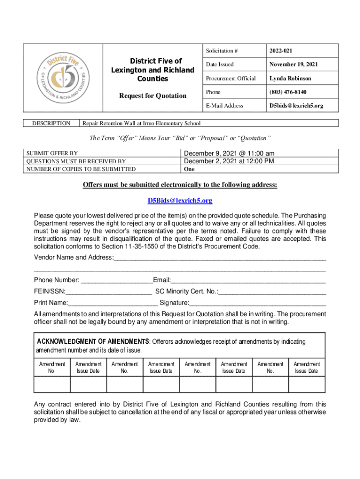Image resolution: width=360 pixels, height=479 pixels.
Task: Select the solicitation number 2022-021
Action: [x=281, y=51]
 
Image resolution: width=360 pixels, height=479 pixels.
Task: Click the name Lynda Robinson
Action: [x=290, y=78]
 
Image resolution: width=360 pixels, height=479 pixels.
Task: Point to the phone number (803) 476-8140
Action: [x=288, y=92]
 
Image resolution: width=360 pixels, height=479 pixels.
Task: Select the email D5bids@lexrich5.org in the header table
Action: [x=296, y=106]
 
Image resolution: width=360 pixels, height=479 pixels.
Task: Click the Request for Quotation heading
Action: [x=152, y=96]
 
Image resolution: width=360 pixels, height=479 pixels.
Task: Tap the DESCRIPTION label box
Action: [x=51, y=123]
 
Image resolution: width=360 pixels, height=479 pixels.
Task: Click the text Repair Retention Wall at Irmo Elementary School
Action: [x=141, y=123]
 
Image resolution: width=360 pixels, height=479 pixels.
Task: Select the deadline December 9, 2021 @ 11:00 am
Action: [x=229, y=153]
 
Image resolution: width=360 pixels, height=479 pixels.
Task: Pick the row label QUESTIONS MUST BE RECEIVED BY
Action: [x=76, y=161]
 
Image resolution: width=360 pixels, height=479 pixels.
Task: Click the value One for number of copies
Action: [x=189, y=169]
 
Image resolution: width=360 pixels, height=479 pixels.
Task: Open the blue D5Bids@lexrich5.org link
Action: [x=180, y=201]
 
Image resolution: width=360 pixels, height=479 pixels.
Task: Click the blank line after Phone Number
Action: [x=117, y=281]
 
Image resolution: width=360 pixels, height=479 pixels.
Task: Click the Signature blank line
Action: [x=258, y=303]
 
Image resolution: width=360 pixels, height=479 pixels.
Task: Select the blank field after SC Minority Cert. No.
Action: [x=273, y=292]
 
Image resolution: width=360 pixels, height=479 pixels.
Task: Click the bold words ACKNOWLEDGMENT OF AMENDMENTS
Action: [x=93, y=341]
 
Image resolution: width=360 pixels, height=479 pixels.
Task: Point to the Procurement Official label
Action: [x=230, y=78]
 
